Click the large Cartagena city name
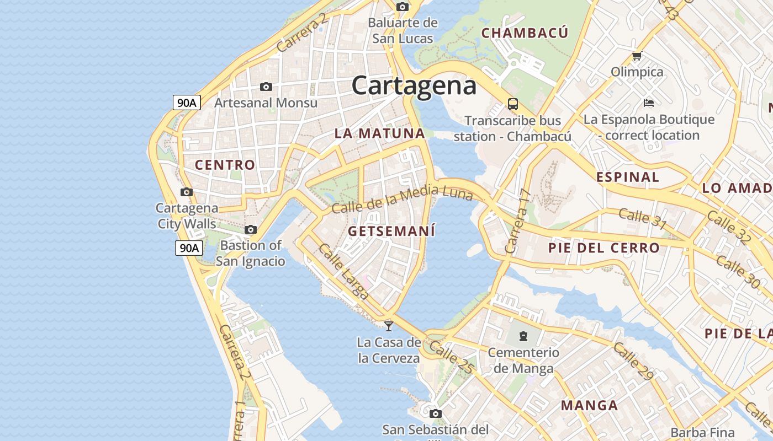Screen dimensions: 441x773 (x=414, y=86)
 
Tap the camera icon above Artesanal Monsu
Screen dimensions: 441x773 (x=266, y=87)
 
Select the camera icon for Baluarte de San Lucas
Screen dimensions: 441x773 (x=403, y=7)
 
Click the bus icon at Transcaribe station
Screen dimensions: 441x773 (x=513, y=104)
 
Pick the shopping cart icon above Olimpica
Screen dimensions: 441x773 (x=637, y=56)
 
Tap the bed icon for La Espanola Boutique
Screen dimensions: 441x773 (x=649, y=103)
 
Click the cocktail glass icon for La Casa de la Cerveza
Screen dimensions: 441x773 (x=389, y=326)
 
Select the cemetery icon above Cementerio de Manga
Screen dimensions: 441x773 (x=523, y=336)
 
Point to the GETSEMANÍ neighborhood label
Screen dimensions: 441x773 (x=391, y=231)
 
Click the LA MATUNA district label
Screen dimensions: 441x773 (x=380, y=133)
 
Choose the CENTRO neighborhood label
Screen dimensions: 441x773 (x=225, y=165)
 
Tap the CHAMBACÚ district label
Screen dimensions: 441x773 (x=525, y=33)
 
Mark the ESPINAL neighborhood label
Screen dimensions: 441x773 (x=628, y=177)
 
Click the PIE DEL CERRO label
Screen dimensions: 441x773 (x=604, y=248)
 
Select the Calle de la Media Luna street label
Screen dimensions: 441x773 (x=402, y=200)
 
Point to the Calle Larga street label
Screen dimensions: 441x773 (x=343, y=272)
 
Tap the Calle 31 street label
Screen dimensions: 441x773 (x=642, y=218)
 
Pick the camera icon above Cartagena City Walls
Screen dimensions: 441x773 (x=187, y=192)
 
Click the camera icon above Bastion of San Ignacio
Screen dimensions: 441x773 (x=251, y=230)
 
